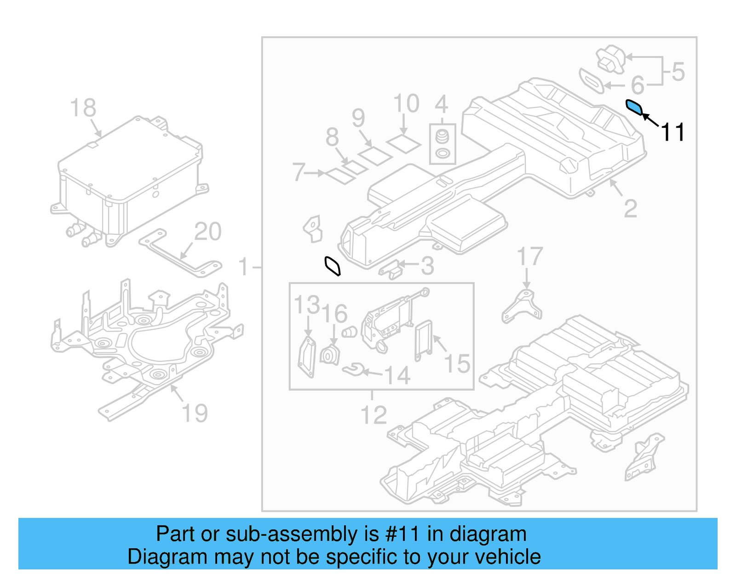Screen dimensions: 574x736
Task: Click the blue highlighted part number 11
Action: coord(634,107)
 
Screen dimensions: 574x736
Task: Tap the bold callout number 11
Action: coord(673,132)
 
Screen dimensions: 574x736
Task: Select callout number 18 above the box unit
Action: coord(83,108)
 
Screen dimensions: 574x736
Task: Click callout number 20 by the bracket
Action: coord(208,232)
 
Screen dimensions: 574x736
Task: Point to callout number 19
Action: coord(195,413)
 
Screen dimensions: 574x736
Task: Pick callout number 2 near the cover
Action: coord(631,209)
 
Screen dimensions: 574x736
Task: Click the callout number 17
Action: coord(529,256)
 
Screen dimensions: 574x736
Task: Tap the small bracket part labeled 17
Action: coord(523,307)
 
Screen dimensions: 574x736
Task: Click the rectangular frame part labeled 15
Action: coord(424,341)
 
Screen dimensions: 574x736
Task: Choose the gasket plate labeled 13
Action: coord(307,358)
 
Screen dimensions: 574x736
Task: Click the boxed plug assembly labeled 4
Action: coord(443,143)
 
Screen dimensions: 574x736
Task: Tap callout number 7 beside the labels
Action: coord(299,172)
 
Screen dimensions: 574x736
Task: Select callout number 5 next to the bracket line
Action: coord(678,72)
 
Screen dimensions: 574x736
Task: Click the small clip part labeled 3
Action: coord(391,270)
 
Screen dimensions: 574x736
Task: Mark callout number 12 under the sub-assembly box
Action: coord(374,415)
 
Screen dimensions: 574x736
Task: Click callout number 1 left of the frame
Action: coord(243,267)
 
